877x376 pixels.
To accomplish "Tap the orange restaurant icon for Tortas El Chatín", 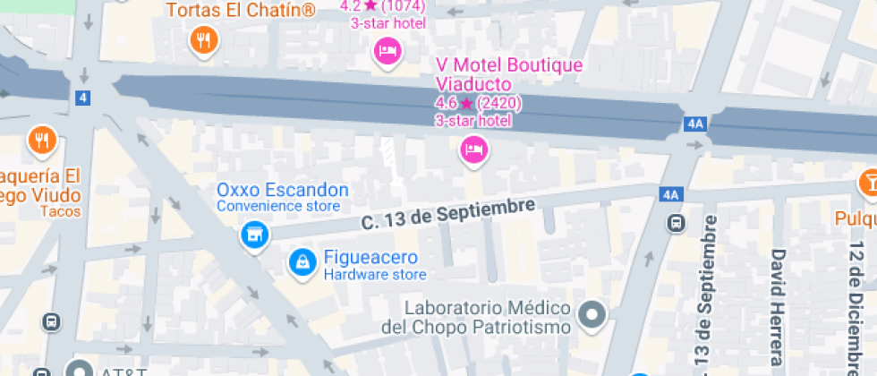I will click(x=205, y=40).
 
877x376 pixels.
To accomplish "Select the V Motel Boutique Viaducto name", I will click(x=508, y=74).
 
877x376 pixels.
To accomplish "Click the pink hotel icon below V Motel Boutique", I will click(x=473, y=148).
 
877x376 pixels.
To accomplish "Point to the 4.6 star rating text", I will click(x=478, y=103).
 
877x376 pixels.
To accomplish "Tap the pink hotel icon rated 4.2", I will click(x=387, y=50).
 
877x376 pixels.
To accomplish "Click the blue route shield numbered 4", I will click(x=83, y=98).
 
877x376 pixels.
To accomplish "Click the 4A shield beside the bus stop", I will click(x=671, y=194).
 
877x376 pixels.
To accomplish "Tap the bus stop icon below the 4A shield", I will click(x=677, y=223).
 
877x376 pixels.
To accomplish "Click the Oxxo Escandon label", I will click(x=283, y=190).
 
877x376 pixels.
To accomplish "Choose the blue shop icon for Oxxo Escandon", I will click(x=255, y=235).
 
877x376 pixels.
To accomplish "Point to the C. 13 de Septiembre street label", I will click(x=447, y=215).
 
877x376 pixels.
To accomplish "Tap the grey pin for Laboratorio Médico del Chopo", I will click(x=592, y=314).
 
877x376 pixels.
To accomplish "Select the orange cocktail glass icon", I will click(x=866, y=183).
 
